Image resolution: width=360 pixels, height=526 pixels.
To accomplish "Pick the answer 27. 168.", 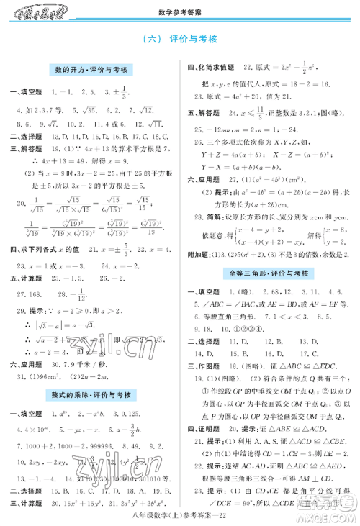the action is (x=29, y=294).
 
